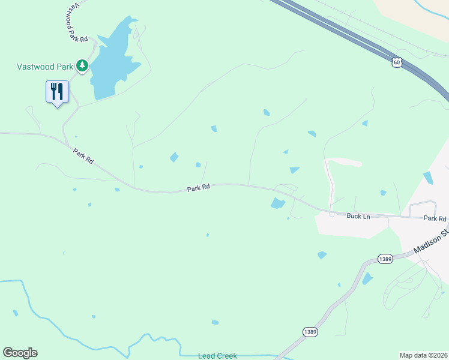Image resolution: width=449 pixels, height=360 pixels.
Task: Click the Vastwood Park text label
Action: (x=44, y=65)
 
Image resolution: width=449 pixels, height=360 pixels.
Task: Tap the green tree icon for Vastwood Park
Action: (x=82, y=65)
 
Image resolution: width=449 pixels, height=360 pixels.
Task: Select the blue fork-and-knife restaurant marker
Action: (x=57, y=92)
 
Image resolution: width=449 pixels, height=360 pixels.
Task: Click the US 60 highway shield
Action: (x=396, y=62)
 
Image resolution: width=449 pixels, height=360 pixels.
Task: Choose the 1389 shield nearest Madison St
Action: (x=385, y=259)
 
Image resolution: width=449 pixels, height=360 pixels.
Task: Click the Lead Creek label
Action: (x=217, y=356)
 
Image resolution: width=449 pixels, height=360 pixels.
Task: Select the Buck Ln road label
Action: (x=358, y=215)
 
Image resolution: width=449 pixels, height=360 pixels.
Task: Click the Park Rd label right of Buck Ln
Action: (x=435, y=218)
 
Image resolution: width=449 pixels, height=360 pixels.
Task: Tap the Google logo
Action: (x=20, y=353)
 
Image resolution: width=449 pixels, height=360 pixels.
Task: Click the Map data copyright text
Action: (x=423, y=355)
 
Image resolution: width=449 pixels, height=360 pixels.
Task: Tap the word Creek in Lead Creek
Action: (x=226, y=356)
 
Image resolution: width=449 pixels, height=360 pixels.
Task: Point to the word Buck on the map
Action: (x=354, y=215)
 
